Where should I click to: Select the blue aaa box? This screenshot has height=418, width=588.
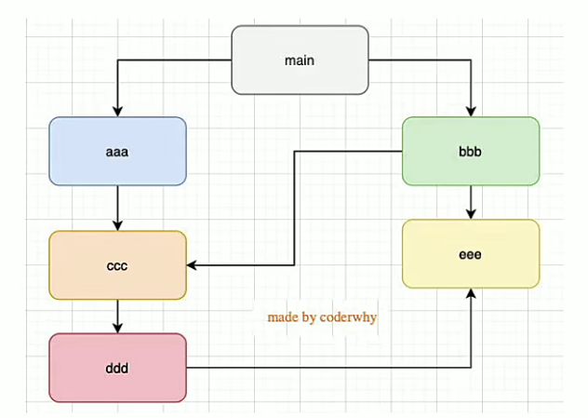pyautogui.click(x=117, y=151)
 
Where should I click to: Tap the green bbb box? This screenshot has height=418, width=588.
pyautogui.click(x=471, y=151)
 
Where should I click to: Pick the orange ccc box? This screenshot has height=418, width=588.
pyautogui.click(x=117, y=266)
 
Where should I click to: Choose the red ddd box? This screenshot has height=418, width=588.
pyautogui.click(x=117, y=368)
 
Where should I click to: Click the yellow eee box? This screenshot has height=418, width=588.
pyautogui.click(x=471, y=253)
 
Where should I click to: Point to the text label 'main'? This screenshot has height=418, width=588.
pyautogui.click(x=300, y=61)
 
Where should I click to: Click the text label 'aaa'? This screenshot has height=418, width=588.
pyautogui.click(x=117, y=151)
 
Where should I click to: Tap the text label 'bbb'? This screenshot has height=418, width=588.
pyautogui.click(x=471, y=151)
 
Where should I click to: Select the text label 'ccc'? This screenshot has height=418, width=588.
pyautogui.click(x=117, y=266)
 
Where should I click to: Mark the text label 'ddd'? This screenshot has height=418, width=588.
pyautogui.click(x=117, y=368)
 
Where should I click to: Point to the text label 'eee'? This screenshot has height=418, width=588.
pyautogui.click(x=471, y=253)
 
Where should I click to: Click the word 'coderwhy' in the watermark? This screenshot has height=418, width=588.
pyautogui.click(x=348, y=317)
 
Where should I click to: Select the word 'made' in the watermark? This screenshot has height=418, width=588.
pyautogui.click(x=283, y=317)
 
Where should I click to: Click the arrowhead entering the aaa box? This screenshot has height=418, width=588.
pyautogui.click(x=117, y=112)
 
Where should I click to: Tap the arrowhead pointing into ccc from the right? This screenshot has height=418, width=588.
pyautogui.click(x=192, y=266)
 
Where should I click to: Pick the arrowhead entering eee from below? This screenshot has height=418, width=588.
pyautogui.click(x=471, y=293)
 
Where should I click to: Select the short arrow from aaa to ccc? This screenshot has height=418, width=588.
pyautogui.click(x=117, y=208)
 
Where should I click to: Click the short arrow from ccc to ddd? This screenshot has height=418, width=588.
pyautogui.click(x=117, y=316)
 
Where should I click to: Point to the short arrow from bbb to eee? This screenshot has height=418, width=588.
pyautogui.click(x=471, y=201)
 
